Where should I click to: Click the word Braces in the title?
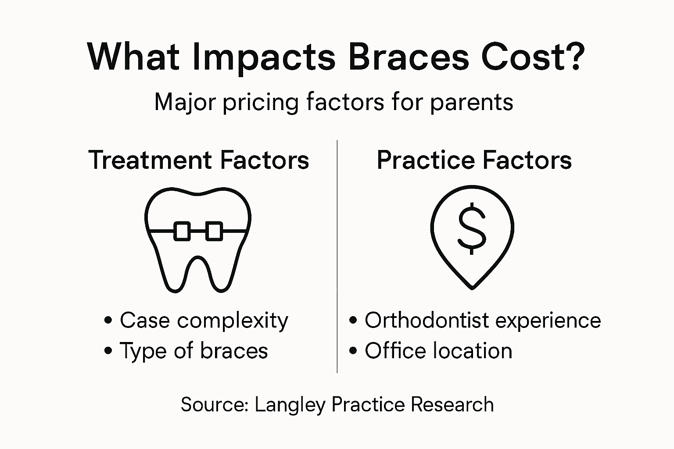pyautogui.click(x=408, y=57)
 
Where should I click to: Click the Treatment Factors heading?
pyautogui.click(x=199, y=160)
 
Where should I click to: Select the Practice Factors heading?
pyautogui.click(x=474, y=160)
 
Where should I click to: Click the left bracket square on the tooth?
pyautogui.click(x=182, y=231)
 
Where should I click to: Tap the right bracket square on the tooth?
pyautogui.click(x=214, y=231)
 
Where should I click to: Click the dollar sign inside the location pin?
pyautogui.click(x=472, y=228)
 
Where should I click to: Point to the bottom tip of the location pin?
pyautogui.click(x=472, y=287)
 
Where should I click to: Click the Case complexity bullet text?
pyautogui.click(x=204, y=321)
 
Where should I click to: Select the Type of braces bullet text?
pyautogui.click(x=194, y=351)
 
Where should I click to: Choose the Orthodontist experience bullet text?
pyautogui.click(x=482, y=321)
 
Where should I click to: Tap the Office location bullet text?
pyautogui.click(x=438, y=351)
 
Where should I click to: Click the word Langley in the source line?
pyautogui.click(x=290, y=405)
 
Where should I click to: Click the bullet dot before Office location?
pyautogui.click(x=353, y=351)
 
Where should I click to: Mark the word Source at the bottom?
pyautogui.click(x=214, y=404)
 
